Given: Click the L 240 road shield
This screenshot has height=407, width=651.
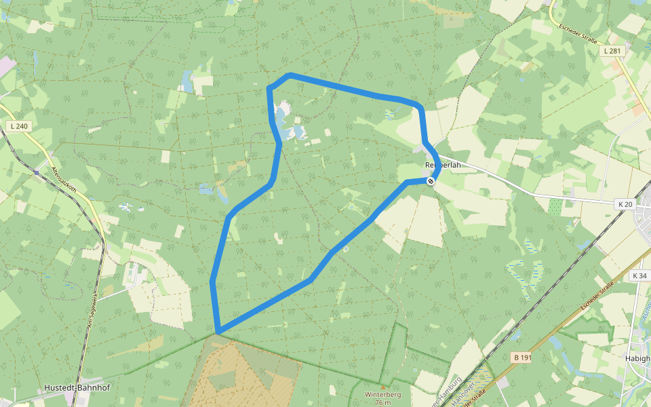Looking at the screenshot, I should (x=19, y=126).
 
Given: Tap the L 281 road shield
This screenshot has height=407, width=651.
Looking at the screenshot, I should (x=612, y=51).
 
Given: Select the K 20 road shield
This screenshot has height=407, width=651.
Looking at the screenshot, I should (x=625, y=203).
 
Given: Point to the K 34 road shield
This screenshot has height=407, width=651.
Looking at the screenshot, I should (x=639, y=276).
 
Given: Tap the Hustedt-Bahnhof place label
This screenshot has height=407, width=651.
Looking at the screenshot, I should (x=77, y=388).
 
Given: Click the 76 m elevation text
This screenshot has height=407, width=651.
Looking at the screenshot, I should (x=382, y=402).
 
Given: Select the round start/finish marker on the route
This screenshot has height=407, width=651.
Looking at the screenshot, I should (x=431, y=181).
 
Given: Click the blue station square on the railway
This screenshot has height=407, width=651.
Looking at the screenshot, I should (x=36, y=172).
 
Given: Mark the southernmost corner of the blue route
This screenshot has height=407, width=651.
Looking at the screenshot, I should (x=218, y=332).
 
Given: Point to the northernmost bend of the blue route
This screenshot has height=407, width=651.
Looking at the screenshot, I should (x=290, y=75).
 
